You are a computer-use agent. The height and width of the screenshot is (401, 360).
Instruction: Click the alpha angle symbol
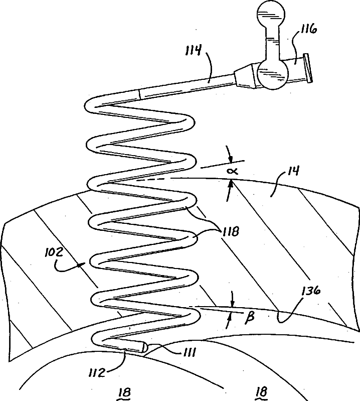point(234,171)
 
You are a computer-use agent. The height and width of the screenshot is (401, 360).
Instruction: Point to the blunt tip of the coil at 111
point(144,346)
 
